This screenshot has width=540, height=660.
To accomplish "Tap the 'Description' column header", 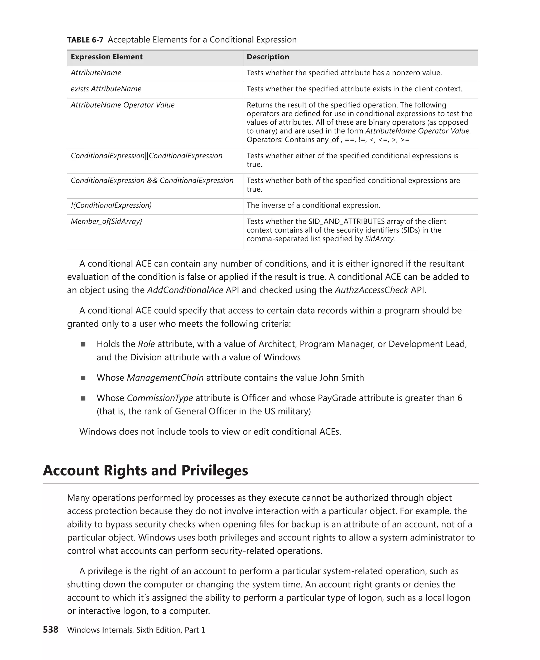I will tap(268, 57).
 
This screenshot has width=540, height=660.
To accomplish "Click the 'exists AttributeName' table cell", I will tap(106, 89).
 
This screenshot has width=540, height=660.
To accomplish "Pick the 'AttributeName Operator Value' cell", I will tap(122, 105).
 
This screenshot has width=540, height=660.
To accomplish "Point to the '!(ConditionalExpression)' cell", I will tap(111, 205).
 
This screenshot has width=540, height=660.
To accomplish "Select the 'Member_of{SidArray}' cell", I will tap(106, 221).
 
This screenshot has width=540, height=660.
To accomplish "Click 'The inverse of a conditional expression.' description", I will tap(313, 205).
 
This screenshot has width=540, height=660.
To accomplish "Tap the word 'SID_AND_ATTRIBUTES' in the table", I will tap(346, 221).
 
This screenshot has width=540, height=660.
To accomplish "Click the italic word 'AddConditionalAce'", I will tap(185, 290).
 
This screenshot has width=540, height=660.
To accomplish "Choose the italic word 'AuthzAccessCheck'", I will tap(371, 290).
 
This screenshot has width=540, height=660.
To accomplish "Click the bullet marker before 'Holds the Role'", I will tap(83, 345).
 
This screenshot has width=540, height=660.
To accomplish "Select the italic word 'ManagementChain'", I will tap(165, 378).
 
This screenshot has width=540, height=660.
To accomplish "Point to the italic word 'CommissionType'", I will tap(160, 398).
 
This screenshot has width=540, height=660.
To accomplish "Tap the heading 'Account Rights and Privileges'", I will tap(145, 471).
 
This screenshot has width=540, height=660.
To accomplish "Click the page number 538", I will tap(50, 630).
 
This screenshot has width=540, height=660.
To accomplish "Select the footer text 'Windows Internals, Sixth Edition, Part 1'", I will tap(136, 630).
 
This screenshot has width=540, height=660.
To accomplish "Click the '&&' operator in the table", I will tap(152, 181).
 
